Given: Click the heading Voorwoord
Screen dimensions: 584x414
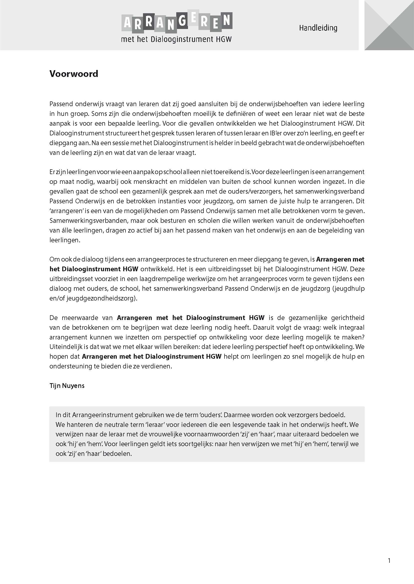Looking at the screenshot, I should coord(74,74).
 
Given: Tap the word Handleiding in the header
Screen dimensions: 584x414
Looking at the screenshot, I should coord(318,28).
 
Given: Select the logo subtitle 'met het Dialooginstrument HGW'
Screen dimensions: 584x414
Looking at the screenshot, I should coord(176,39).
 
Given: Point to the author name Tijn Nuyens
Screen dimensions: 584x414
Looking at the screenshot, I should coord(67,386).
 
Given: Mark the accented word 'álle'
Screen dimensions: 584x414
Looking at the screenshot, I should coord(65,230).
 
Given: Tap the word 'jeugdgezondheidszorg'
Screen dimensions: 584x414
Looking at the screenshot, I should coord(100,298).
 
